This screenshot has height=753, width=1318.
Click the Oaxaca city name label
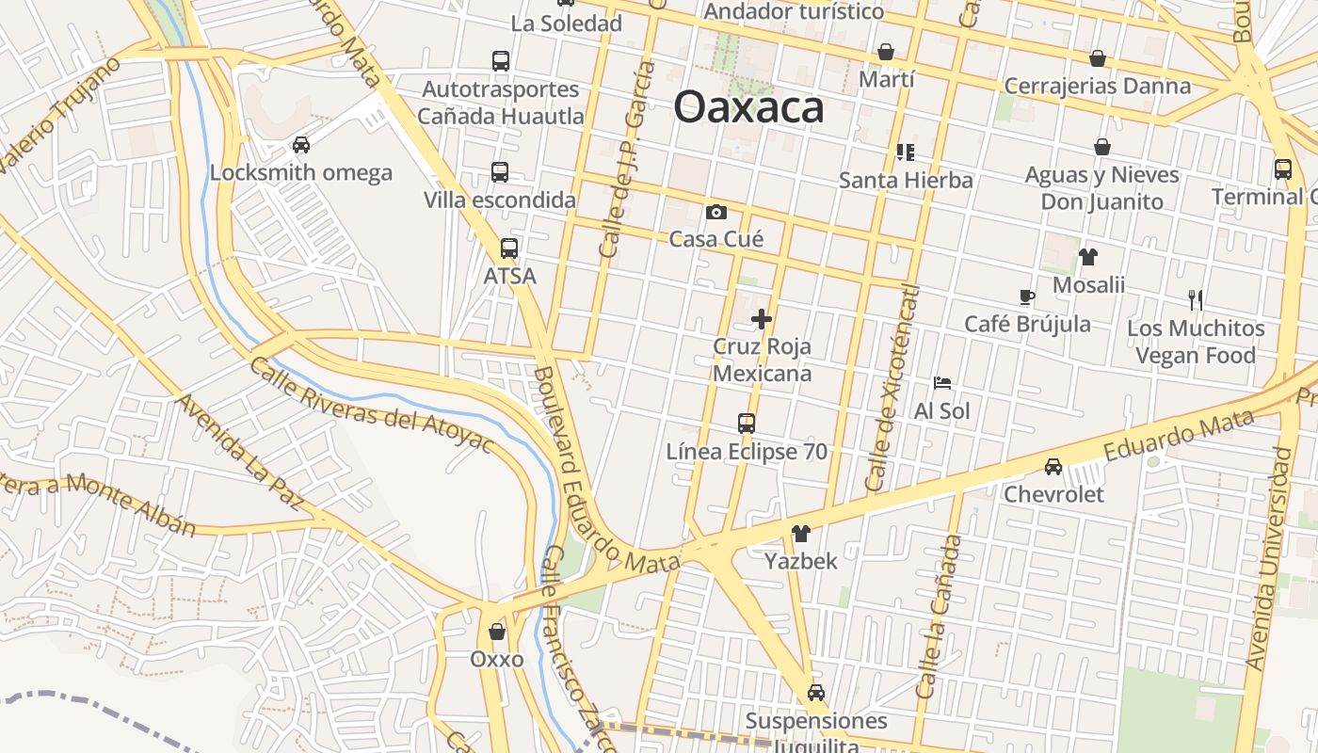click(x=748, y=106)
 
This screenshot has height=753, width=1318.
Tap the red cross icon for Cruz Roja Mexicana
click(x=762, y=320)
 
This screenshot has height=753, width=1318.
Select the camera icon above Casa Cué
click(x=716, y=212)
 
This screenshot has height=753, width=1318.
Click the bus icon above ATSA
click(x=509, y=248)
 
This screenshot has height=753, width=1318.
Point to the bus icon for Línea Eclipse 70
click(x=747, y=424)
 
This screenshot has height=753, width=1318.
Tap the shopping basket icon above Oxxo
click(x=497, y=632)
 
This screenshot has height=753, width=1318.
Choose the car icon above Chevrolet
click(x=1053, y=467)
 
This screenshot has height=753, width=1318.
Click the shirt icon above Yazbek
click(x=801, y=534)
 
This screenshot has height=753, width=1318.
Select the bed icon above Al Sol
click(x=941, y=383)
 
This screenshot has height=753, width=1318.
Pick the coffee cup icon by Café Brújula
click(x=1027, y=297)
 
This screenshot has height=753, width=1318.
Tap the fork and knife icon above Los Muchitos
click(x=1196, y=300)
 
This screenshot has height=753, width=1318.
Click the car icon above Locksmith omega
click(x=301, y=145)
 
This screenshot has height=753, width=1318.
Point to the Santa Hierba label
click(x=906, y=180)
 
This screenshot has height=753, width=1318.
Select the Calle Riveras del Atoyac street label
click(x=371, y=405)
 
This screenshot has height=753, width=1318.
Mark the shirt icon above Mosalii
click(x=1088, y=257)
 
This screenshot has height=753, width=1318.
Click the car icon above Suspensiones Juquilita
click(x=816, y=693)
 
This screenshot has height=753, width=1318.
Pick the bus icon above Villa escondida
click(x=500, y=172)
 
